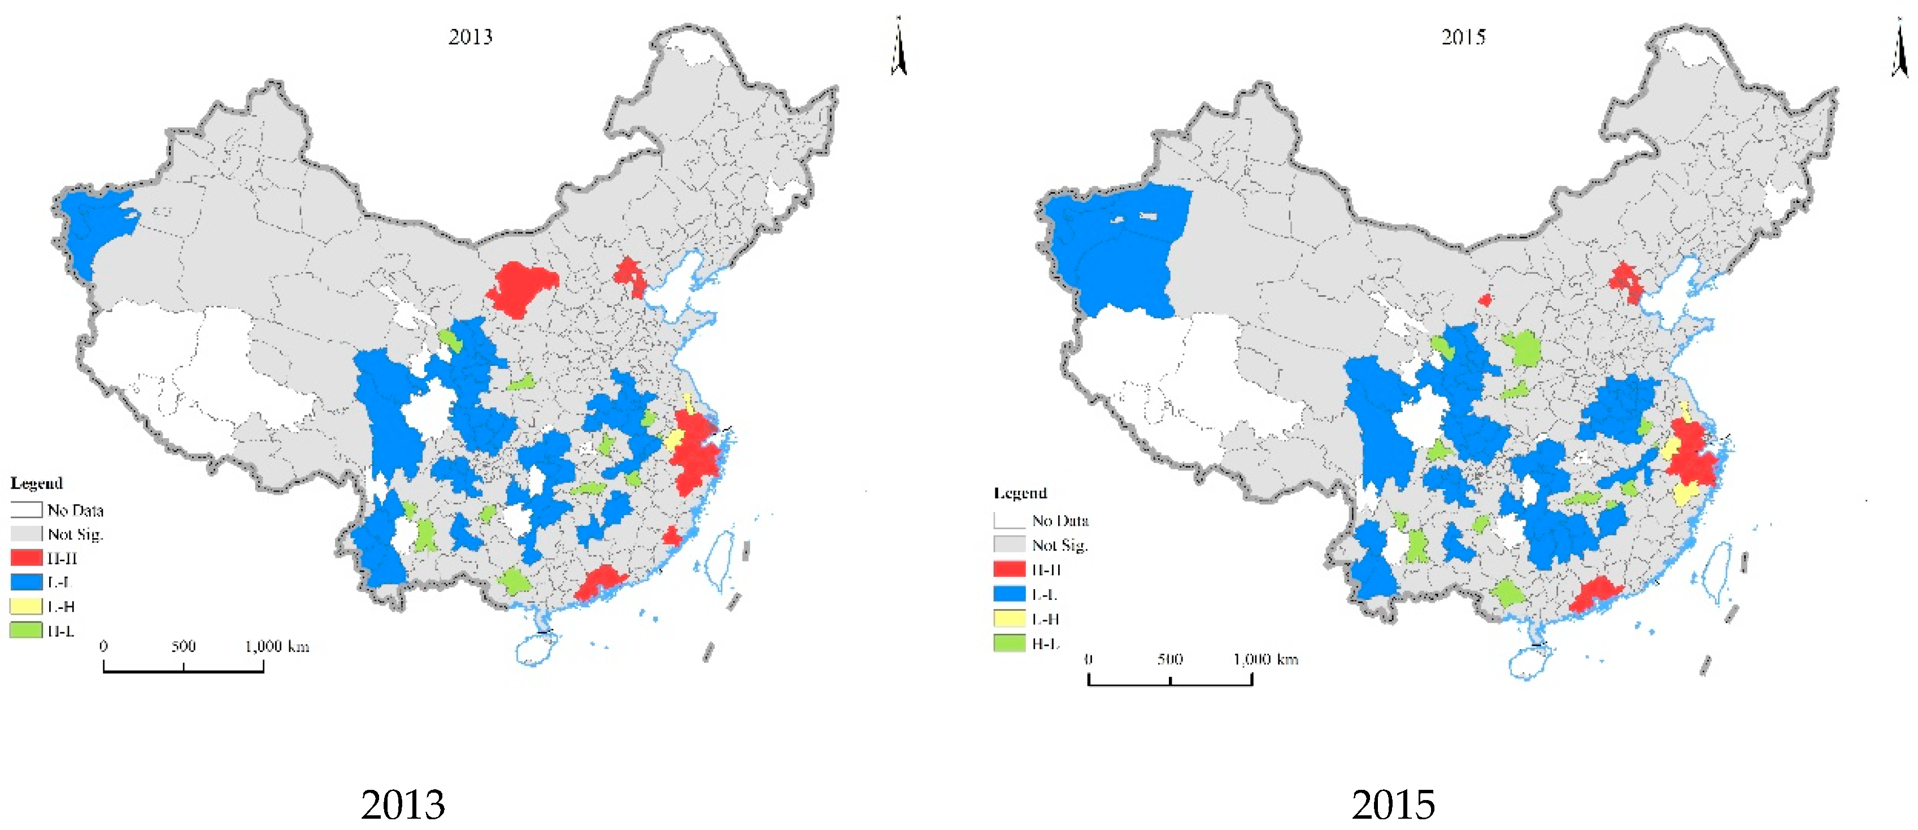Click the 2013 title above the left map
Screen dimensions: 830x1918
tap(471, 37)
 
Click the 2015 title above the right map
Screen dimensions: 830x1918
tap(1463, 37)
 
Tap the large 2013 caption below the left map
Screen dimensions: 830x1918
tap(403, 804)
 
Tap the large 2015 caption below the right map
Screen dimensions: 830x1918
tap(1393, 804)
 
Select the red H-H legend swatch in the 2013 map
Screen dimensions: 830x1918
tap(26, 557)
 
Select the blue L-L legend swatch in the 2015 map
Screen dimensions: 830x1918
tap(1009, 594)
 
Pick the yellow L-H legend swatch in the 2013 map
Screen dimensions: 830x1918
tap(26, 606)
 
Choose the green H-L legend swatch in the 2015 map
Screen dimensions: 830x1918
tap(1009, 643)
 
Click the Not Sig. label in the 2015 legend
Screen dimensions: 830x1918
tap(1059, 544)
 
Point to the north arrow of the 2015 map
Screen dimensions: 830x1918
tap(1899, 49)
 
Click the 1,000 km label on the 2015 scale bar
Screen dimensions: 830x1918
tap(1265, 659)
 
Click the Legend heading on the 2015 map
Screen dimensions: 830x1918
tap(1020, 492)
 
